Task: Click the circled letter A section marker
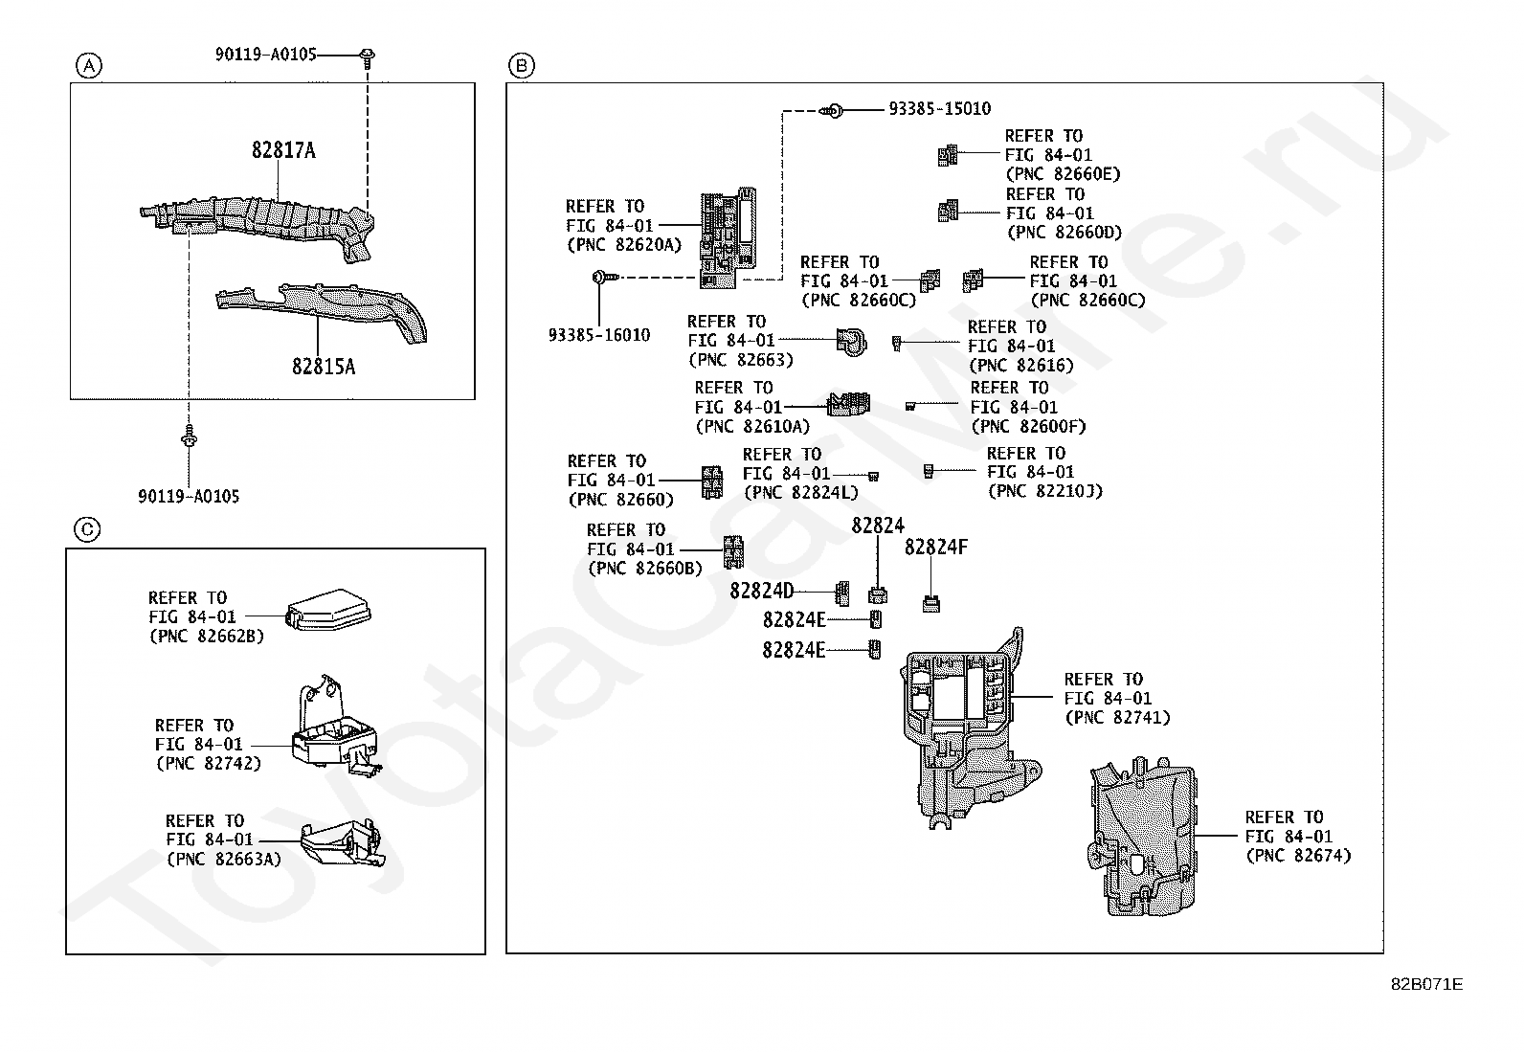click(88, 66)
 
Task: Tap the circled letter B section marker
click(522, 66)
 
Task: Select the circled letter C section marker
click(87, 529)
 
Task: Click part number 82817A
click(284, 150)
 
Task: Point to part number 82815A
click(324, 367)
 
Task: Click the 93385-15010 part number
click(939, 109)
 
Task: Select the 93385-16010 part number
click(599, 335)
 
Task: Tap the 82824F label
click(935, 548)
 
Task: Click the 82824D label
click(761, 591)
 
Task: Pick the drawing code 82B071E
click(1426, 984)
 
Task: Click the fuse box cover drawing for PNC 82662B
click(327, 610)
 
